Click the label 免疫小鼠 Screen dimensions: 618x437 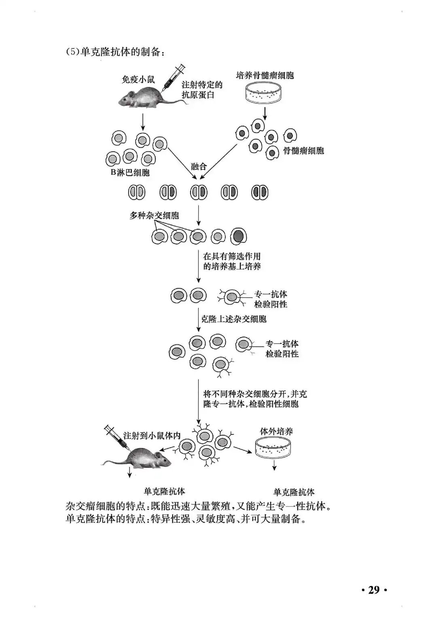pyautogui.click(x=138, y=79)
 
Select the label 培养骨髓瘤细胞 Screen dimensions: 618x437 pyautogui.click(x=265, y=75)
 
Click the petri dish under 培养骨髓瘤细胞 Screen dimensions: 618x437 pyautogui.click(x=263, y=93)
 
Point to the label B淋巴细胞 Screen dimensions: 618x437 pyautogui.click(x=130, y=173)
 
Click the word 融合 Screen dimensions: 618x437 pyautogui.click(x=199, y=166)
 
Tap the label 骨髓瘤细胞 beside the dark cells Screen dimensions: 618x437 pyautogui.click(x=303, y=151)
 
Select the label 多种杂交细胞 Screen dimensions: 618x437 pyautogui.click(x=154, y=216)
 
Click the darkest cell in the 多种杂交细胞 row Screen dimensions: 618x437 pyautogui.click(x=239, y=236)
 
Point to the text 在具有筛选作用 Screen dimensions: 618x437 pyautogui.click(x=232, y=256)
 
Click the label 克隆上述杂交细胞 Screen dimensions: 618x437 pyautogui.click(x=234, y=319)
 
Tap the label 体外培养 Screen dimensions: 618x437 pyautogui.click(x=276, y=431)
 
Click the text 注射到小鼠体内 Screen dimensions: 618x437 pyautogui.click(x=152, y=436)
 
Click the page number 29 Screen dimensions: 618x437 pyautogui.click(x=373, y=590)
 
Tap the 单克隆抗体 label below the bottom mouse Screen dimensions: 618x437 pyautogui.click(x=164, y=491)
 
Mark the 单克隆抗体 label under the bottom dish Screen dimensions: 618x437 pyautogui.click(x=294, y=492)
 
